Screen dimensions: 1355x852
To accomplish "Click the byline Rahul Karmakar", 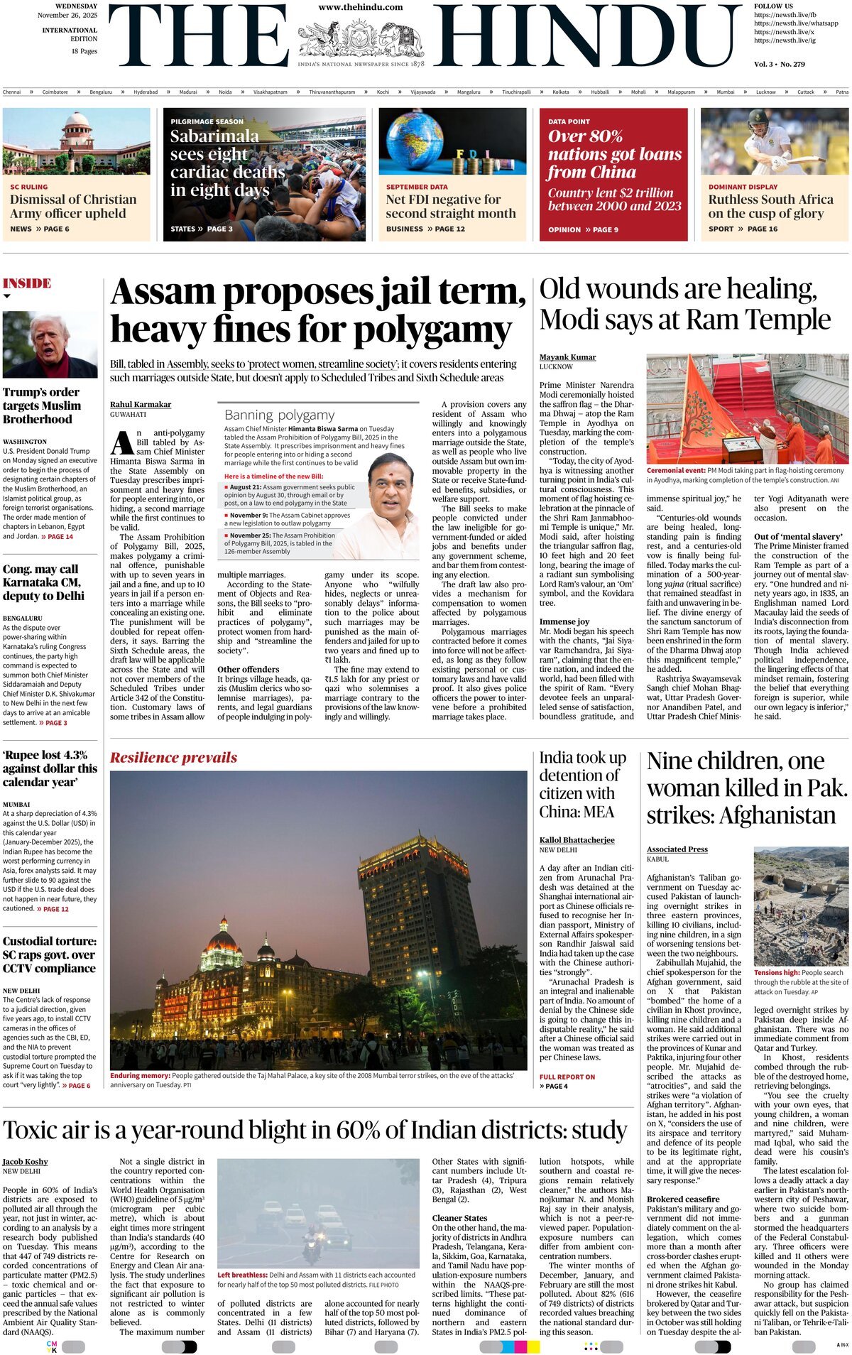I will [141, 404].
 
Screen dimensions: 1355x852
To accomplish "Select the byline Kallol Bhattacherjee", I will [577, 840].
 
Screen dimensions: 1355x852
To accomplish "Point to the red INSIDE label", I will [27, 283].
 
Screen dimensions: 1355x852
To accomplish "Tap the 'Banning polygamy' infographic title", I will [279, 415].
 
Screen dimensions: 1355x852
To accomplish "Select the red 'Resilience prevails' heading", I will [173, 758].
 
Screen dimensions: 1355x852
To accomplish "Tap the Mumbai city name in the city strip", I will [725, 92].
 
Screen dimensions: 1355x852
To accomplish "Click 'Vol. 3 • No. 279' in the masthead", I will [779, 65].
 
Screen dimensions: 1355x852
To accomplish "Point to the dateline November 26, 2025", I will [67, 15].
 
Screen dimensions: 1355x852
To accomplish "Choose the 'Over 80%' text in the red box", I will [585, 136].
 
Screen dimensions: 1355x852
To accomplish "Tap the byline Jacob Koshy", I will [26, 1162].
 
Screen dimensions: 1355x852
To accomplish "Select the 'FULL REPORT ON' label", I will [567, 1077].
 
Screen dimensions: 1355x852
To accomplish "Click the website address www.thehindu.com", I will [360, 7].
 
